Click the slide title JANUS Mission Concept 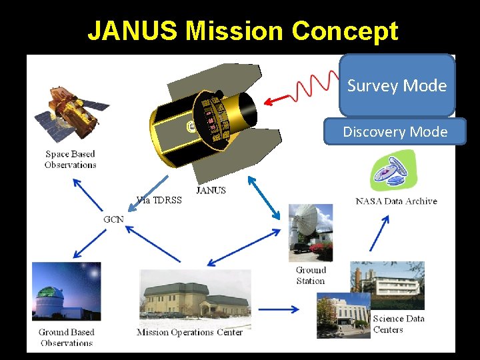(x=243, y=31)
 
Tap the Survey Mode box (x=397, y=86)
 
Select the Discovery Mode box (x=395, y=132)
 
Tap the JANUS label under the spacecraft (x=211, y=190)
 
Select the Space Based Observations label (x=70, y=159)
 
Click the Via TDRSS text (x=159, y=200)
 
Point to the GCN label (x=113, y=219)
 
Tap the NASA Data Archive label (x=396, y=201)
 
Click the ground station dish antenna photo (x=310, y=232)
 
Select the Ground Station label (x=311, y=275)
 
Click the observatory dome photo (x=66, y=291)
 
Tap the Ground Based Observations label (x=67, y=337)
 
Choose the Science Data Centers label (x=398, y=324)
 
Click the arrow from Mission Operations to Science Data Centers (x=279, y=309)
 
